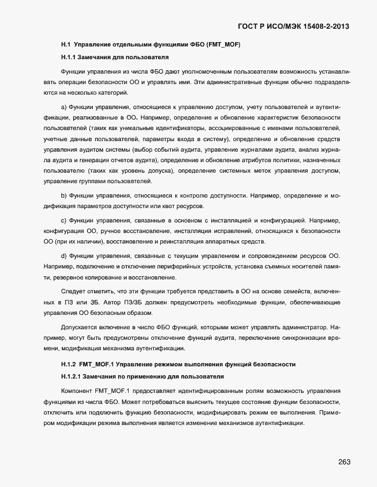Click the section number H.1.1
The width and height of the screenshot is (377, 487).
69,57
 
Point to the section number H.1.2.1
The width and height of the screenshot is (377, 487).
72,377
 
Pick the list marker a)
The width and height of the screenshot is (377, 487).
64,106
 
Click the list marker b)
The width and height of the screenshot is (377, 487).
64,196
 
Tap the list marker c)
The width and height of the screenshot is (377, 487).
64,220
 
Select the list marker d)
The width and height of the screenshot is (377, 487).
64,255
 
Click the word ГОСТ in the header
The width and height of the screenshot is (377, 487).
248,26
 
